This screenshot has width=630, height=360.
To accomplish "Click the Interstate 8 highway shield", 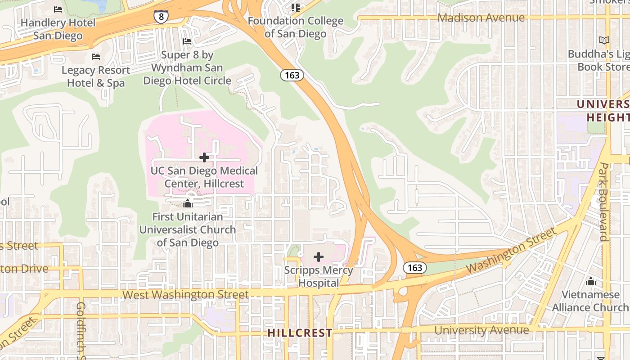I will point(161,17).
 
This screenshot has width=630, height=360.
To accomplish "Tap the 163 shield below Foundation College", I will point(292,75).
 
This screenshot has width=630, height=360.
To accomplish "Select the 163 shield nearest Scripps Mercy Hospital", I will point(414,268).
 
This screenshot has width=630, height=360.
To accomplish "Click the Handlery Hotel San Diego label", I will point(58,29).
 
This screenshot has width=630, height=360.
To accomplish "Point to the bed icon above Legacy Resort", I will point(95,57).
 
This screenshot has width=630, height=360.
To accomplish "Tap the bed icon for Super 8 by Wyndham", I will point(187,41).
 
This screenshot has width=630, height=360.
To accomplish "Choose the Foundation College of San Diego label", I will point(296,27).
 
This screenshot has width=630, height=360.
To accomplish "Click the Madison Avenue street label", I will point(481,18).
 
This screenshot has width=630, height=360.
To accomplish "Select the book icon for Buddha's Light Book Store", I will point(604,40).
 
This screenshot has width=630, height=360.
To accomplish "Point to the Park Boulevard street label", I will point(604,202).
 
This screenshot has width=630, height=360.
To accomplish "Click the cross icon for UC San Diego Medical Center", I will point(204,157).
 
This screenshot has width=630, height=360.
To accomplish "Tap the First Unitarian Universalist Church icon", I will point(188,203).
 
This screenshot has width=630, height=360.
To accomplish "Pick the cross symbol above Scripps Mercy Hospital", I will point(319,257).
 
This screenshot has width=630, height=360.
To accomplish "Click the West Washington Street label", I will point(185,295).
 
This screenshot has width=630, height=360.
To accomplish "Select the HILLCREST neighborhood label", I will point(300,333).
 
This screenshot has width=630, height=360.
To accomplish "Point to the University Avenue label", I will point(481,330).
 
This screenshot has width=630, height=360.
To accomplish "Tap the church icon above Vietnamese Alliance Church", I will point(590,282).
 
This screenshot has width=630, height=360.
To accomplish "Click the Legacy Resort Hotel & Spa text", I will point(96,76).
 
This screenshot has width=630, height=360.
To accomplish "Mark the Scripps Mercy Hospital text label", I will point(319,277).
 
